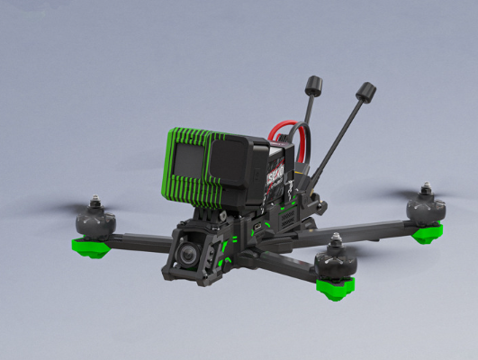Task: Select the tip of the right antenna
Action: [x=365, y=91]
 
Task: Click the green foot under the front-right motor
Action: [x=335, y=287]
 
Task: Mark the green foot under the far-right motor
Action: [x=428, y=232]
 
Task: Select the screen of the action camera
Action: [x=188, y=161]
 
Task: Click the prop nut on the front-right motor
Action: [x=336, y=238]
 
